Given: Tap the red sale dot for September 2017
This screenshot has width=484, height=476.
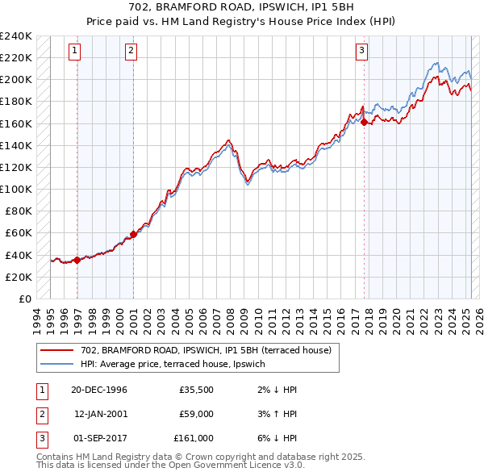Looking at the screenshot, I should (365, 123).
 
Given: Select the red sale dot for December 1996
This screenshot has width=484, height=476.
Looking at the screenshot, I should (77, 260).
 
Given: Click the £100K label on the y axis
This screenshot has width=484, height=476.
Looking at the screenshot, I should (15, 189).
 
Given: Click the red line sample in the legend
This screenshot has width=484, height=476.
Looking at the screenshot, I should (56, 350).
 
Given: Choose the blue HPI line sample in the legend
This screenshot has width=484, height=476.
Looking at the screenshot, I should (56, 364).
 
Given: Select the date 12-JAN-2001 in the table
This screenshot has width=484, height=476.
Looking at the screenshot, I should (100, 414).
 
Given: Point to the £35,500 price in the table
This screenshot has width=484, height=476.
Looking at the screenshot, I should (196, 390).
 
